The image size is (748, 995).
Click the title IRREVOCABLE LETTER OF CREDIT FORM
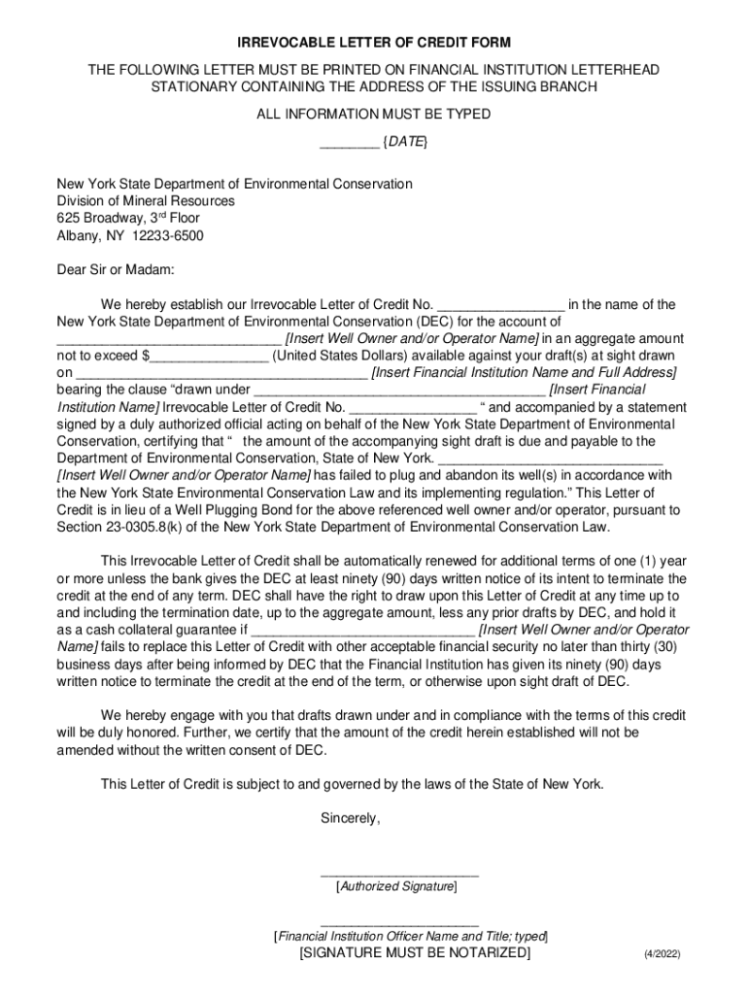374,44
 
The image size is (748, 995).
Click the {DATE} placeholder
405,142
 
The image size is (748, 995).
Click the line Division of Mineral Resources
146,201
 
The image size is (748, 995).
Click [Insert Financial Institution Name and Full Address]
525,373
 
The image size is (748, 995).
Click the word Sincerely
351,819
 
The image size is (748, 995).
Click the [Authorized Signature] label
396,886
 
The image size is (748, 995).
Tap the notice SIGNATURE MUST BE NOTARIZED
415,953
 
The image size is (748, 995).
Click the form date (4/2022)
662,955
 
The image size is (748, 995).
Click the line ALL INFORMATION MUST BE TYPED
373,115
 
